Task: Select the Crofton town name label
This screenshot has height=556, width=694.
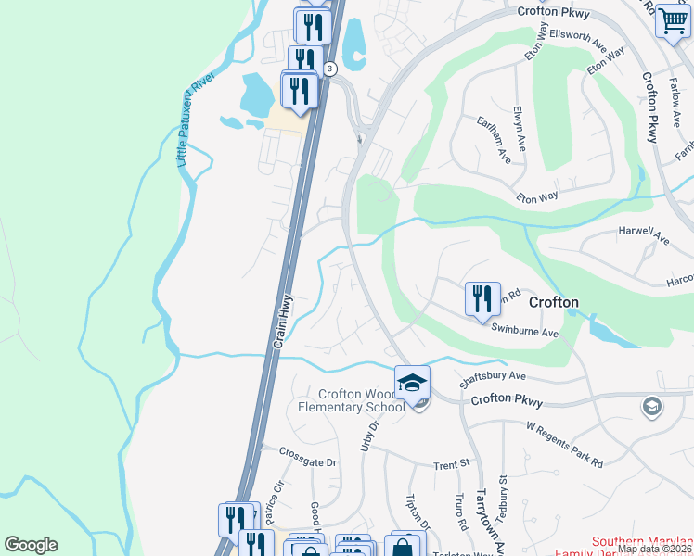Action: [554, 302]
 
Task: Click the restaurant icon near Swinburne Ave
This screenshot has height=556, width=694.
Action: [482, 299]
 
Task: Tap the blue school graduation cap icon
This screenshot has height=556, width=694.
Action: [412, 381]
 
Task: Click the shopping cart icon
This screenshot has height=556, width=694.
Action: [672, 19]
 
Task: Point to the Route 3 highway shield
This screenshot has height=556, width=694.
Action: [330, 69]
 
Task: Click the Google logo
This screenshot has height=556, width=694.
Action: [31, 545]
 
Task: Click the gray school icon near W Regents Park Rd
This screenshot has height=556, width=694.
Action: [651, 405]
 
